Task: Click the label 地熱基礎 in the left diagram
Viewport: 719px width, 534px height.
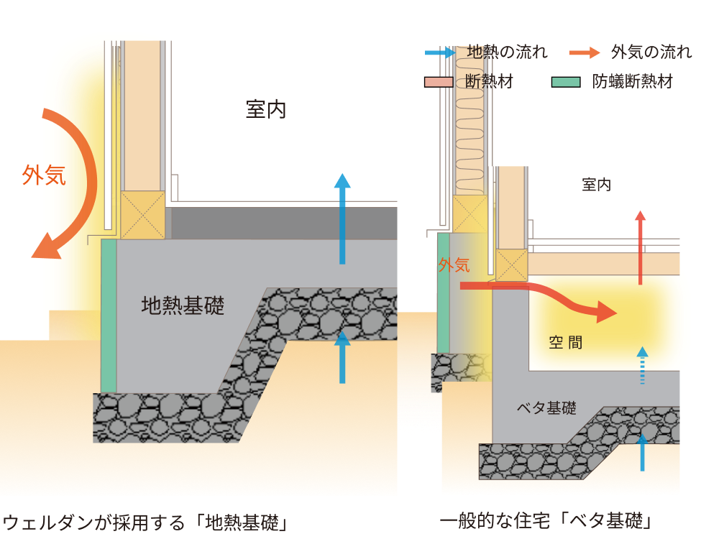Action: [x=183, y=306]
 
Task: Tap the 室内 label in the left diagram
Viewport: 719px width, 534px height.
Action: [x=266, y=110]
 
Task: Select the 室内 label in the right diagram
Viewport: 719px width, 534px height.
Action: [x=596, y=185]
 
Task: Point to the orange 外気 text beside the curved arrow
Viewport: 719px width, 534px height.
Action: [x=44, y=175]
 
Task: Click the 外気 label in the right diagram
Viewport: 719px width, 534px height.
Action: [x=454, y=265]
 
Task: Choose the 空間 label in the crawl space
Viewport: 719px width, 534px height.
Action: [x=566, y=343]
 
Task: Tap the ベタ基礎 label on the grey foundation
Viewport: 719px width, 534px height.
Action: [x=546, y=408]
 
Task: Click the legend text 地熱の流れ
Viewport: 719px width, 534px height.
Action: [x=507, y=52]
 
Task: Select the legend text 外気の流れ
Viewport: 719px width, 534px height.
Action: [x=651, y=52]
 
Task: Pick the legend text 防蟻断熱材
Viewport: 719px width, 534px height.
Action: [x=633, y=81]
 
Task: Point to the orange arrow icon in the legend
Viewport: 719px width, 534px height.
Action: [x=584, y=52]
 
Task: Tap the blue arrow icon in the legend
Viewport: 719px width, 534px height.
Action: [x=440, y=52]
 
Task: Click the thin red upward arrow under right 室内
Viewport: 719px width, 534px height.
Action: [x=640, y=248]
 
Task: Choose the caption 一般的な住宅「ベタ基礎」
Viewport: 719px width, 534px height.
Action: [x=549, y=521]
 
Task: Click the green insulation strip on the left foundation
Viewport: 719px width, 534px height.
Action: [x=109, y=316]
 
